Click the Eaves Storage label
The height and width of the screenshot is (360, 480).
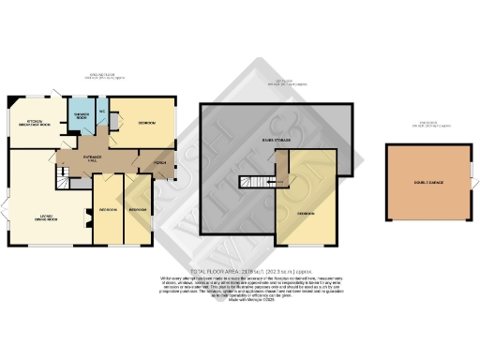tap(275, 139)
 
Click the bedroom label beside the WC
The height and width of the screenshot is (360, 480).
tap(148, 124)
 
